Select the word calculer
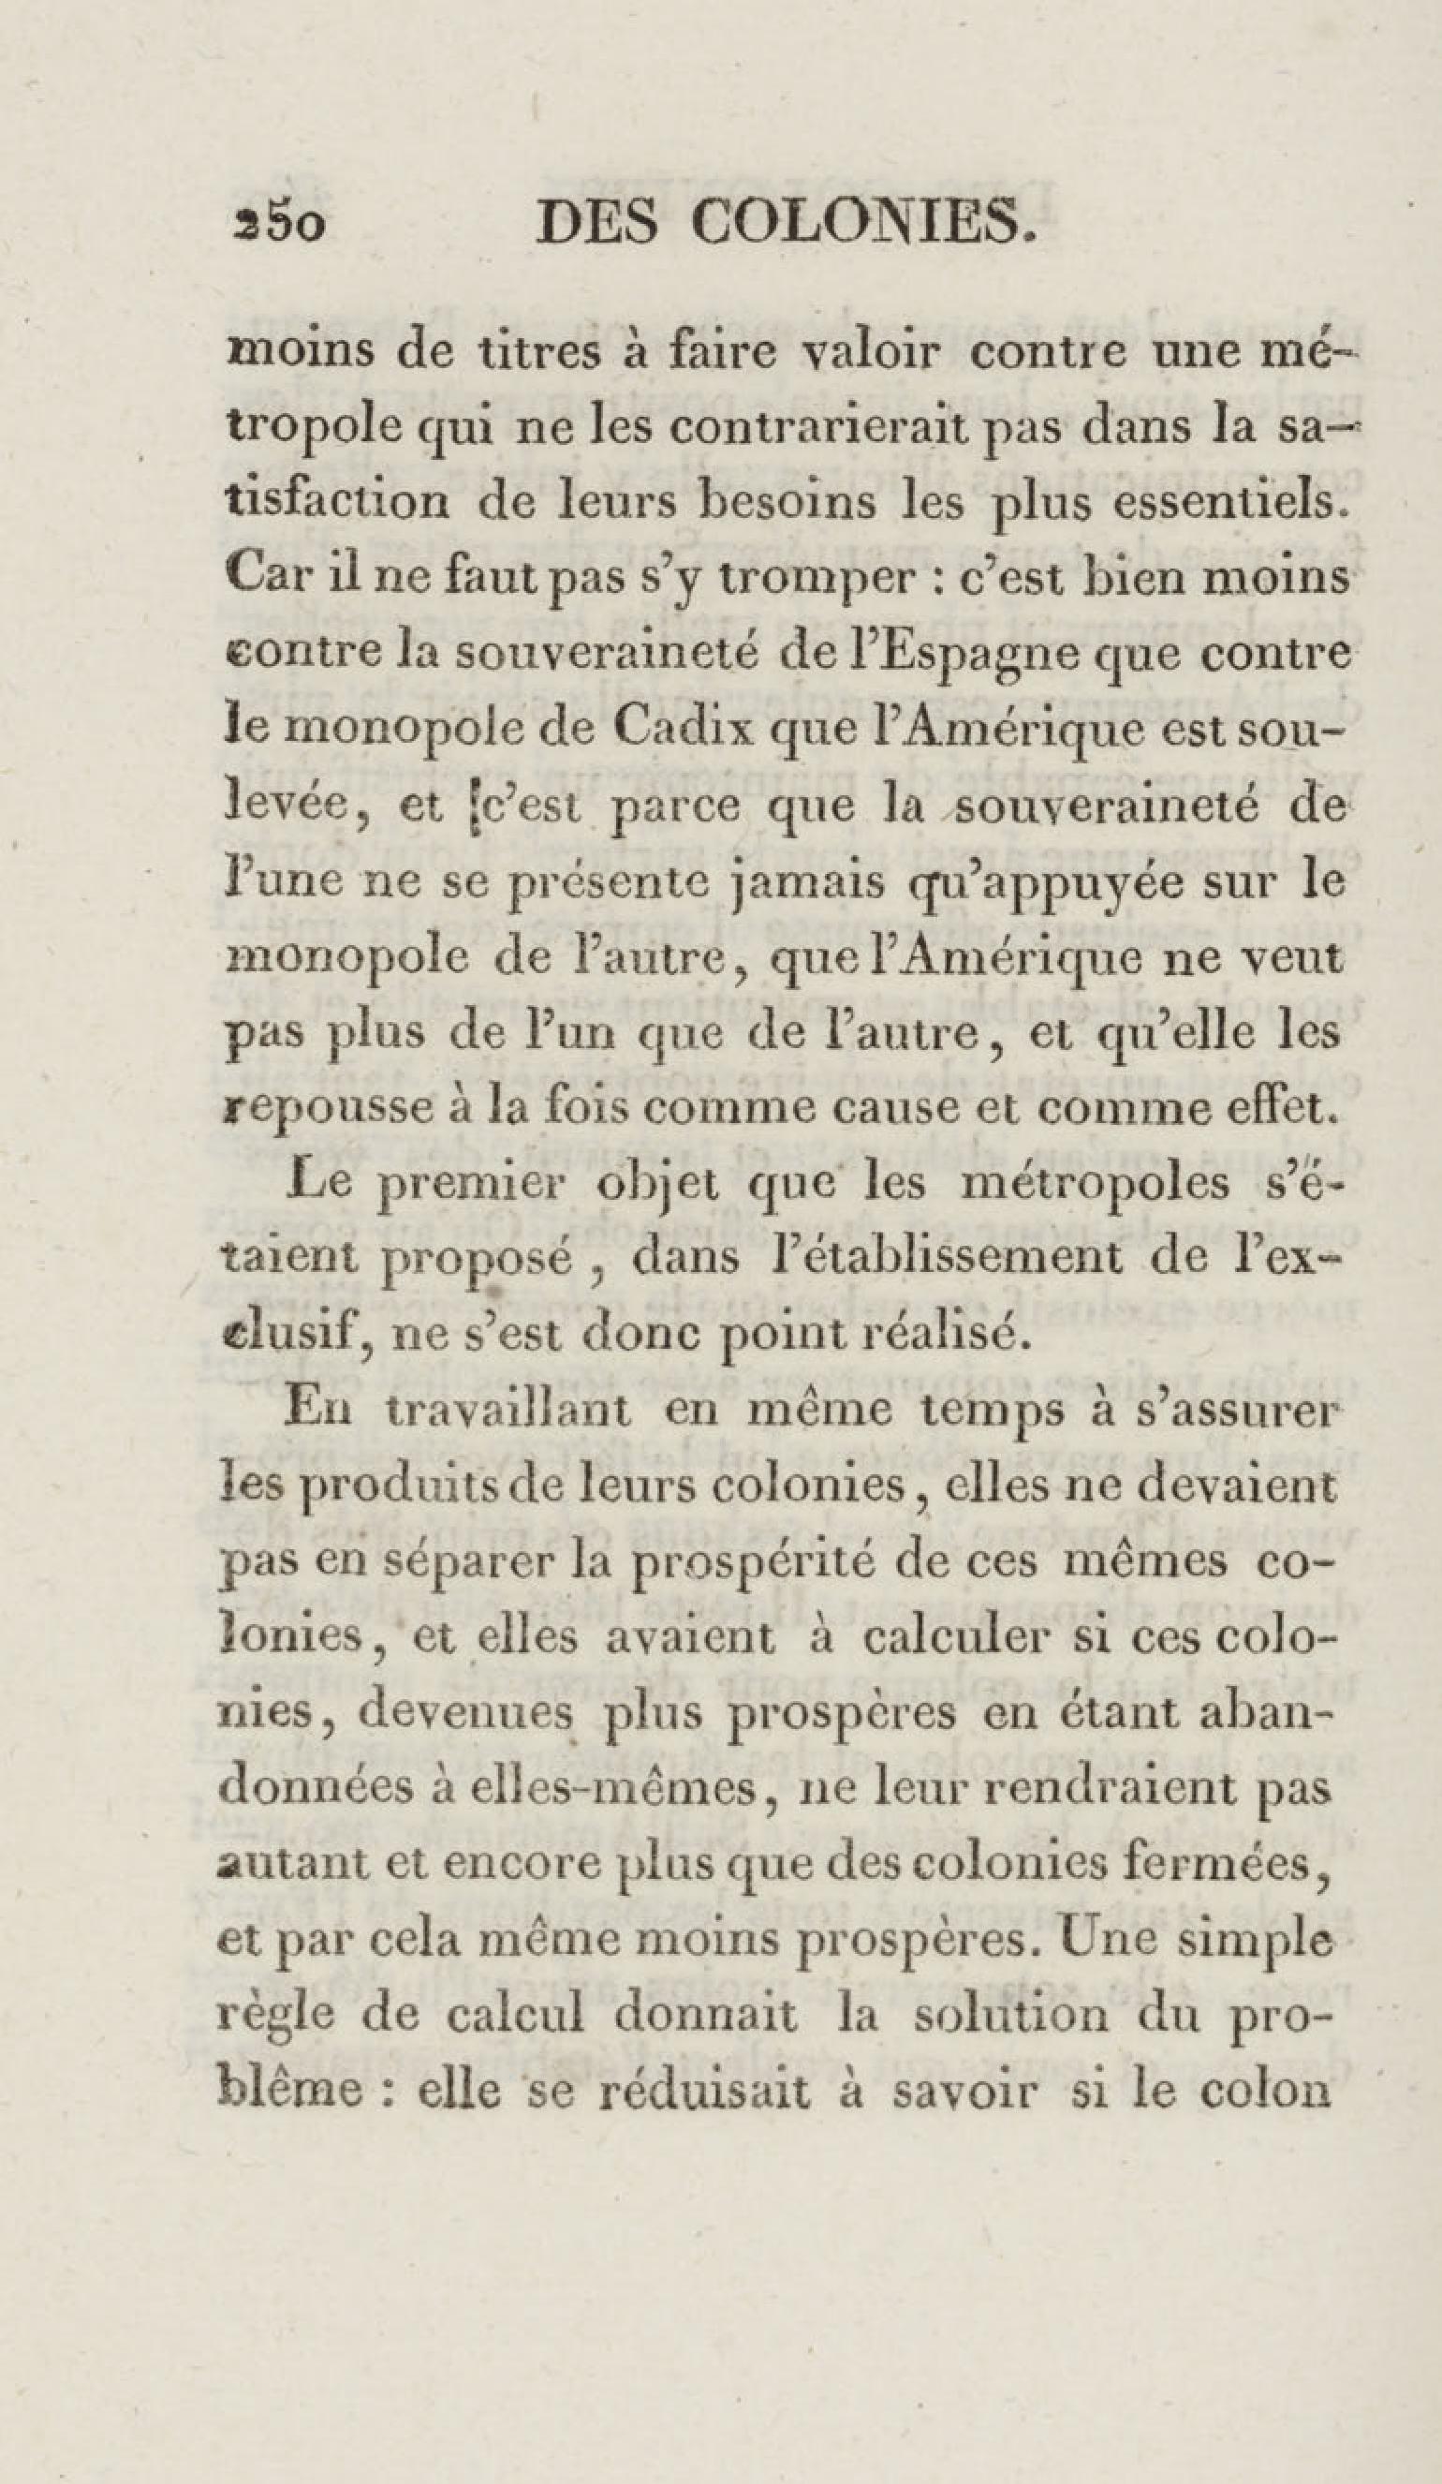960,1638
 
